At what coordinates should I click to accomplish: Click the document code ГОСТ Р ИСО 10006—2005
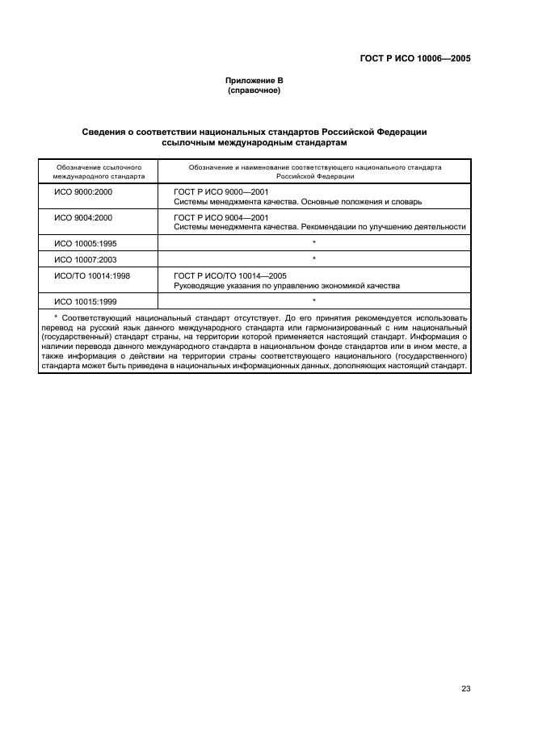414,58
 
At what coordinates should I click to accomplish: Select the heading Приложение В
254,81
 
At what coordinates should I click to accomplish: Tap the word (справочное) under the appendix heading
254,90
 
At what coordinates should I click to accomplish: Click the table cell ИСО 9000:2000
82,191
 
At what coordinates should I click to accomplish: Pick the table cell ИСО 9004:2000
82,217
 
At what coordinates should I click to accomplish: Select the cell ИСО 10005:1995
85,243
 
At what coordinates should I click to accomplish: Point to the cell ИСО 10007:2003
85,259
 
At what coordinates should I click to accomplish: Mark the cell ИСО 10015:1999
85,301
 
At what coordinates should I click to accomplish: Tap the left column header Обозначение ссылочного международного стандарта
99,170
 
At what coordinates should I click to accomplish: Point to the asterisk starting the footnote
55,318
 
